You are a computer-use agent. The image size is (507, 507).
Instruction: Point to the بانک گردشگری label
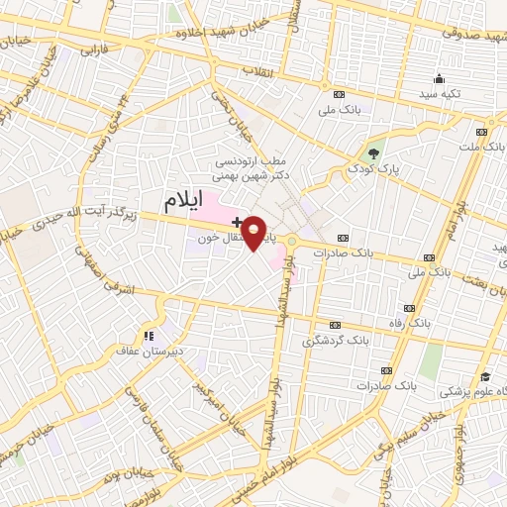coord(364,340)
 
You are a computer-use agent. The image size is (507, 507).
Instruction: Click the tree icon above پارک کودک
coord(373,152)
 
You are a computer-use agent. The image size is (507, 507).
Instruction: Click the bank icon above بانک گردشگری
coord(335,324)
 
